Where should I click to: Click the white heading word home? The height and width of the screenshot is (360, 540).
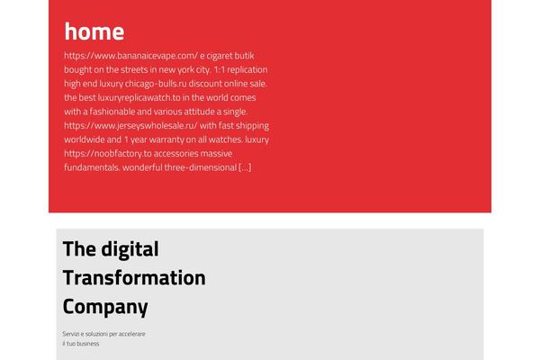coord(94,31)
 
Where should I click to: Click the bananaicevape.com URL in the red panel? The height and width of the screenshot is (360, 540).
coord(130,56)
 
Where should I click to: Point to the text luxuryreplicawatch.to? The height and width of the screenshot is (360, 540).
coord(139,97)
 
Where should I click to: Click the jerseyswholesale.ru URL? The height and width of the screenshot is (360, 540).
coord(130,125)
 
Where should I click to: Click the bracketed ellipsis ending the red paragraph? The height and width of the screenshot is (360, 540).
coord(245,167)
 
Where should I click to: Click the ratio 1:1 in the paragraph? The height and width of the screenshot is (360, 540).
coord(219,69)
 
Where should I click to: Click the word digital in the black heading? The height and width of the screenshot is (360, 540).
coord(130,249)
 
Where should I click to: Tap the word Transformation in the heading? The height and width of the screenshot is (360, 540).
coord(134,278)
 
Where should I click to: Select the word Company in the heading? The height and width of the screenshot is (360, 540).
coord(105,307)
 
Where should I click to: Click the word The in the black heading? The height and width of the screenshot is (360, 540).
coord(79,248)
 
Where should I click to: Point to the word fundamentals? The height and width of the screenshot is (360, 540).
coord(92,167)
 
